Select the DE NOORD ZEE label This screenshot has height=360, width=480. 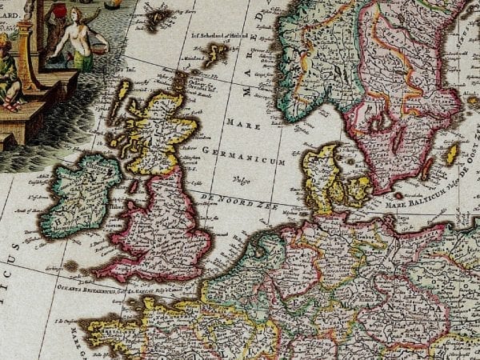click(244, 200)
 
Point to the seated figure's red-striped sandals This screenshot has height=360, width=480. click(11, 105)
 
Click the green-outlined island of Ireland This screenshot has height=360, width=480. click(80, 192)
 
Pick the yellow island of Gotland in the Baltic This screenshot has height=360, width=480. click(453, 153)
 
